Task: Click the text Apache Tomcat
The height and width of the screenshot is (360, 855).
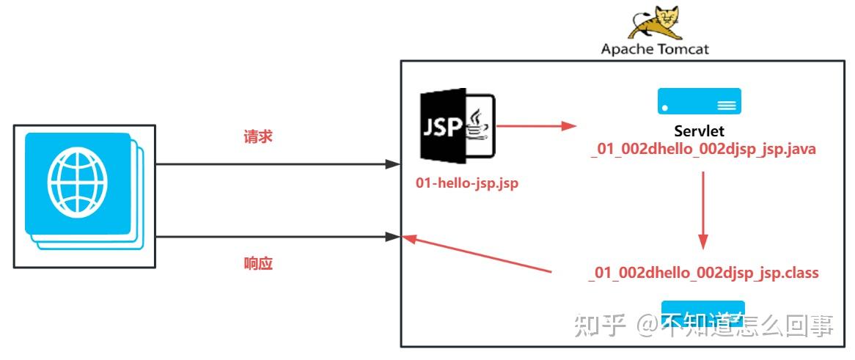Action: (655, 49)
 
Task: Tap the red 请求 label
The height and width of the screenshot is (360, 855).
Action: (258, 136)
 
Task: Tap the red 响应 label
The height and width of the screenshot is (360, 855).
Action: (258, 263)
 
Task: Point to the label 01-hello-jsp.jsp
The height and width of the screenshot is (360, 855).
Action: (467, 183)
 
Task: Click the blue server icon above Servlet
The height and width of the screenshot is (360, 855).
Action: (699, 101)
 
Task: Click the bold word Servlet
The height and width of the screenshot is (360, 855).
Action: (699, 132)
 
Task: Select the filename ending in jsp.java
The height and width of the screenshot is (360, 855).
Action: (703, 149)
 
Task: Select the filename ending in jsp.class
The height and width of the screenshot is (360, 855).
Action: (703, 273)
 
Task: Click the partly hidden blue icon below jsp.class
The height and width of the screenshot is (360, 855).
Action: (702, 308)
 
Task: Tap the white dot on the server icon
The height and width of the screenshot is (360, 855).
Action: (665, 108)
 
